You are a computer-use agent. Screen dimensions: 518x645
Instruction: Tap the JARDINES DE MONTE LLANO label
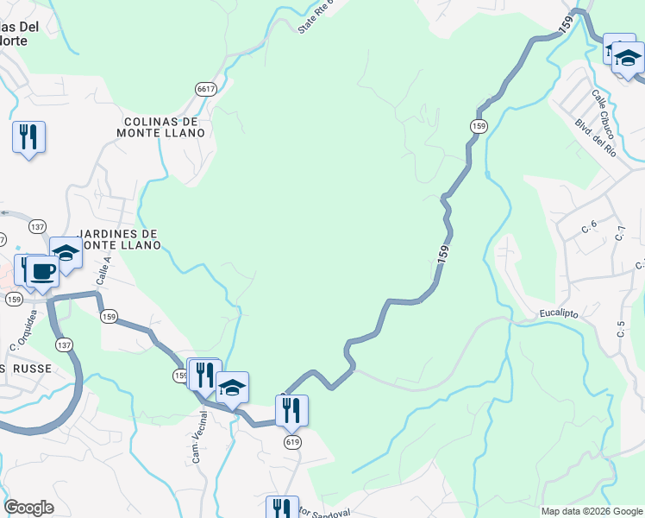click(120, 239)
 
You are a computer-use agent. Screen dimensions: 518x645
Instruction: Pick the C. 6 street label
click(590, 228)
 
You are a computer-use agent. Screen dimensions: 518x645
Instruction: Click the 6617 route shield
click(205, 89)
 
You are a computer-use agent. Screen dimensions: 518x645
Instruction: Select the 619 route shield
click(292, 441)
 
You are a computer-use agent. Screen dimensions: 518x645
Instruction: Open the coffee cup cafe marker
click(41, 271)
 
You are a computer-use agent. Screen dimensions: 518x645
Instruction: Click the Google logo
click(28, 508)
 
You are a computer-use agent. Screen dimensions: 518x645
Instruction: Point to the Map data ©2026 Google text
click(591, 511)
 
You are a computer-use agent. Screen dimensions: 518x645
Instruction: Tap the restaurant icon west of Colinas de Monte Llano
click(28, 136)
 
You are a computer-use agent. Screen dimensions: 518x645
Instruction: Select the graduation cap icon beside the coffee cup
click(66, 253)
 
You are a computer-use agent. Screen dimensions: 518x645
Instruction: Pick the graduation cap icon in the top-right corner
click(629, 59)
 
